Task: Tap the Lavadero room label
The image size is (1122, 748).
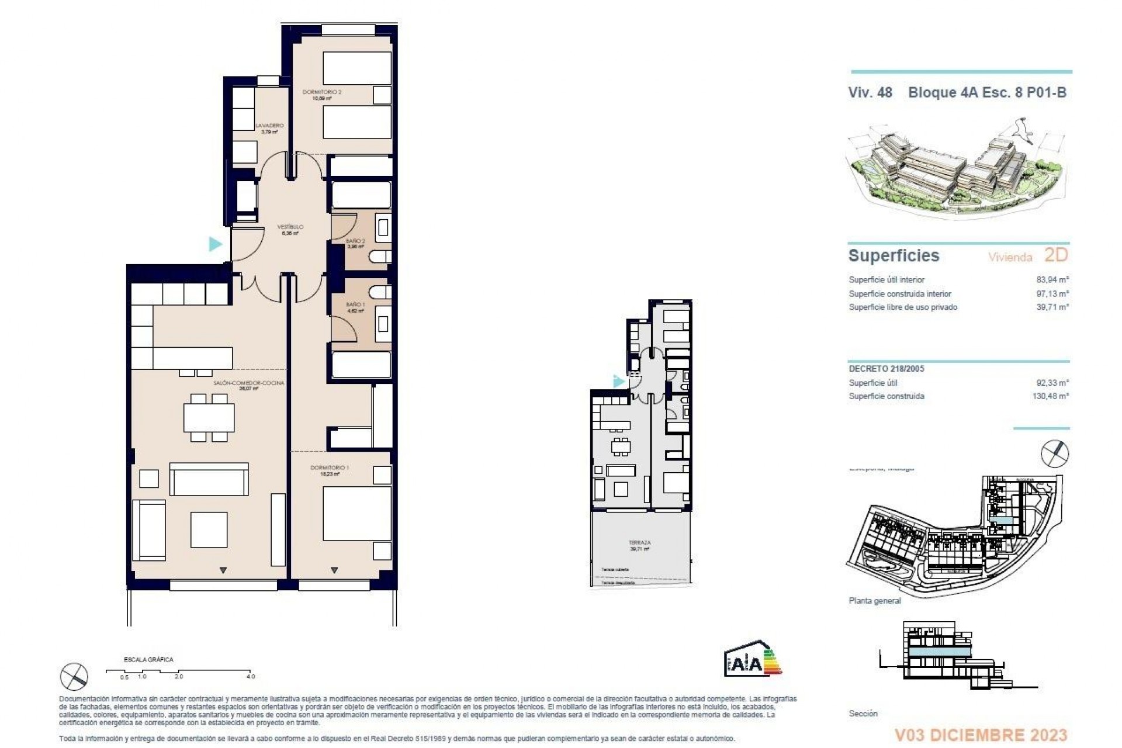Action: coord(269,126)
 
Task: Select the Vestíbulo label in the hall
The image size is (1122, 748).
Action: coord(290,227)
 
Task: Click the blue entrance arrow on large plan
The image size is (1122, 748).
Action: coord(216,244)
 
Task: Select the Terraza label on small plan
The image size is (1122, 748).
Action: coord(640,543)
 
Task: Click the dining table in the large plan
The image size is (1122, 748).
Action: coord(209,417)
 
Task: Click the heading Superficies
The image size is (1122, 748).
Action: coord(894,256)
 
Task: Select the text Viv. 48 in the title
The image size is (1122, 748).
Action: coord(870,92)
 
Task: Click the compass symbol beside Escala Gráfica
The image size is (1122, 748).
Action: coord(74,677)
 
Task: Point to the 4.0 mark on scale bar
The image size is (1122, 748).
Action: coord(250,676)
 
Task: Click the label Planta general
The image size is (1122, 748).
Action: coord(875,601)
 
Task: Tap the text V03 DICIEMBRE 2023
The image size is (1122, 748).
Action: coord(981,735)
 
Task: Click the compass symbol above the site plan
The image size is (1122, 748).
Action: coord(1055,454)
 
